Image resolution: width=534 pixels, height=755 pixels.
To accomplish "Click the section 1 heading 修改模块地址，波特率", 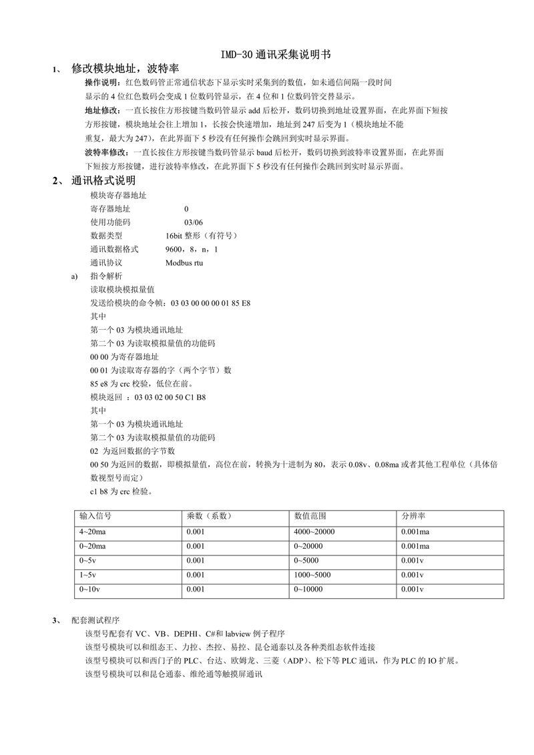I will pyautogui.click(x=125, y=69).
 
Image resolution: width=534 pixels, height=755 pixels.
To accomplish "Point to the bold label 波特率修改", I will pyautogui.click(x=105, y=153).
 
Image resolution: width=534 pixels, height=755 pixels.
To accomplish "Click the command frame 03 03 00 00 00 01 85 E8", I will pyautogui.click(x=211, y=302).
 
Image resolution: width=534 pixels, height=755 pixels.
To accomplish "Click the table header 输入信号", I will pyautogui.click(x=95, y=517).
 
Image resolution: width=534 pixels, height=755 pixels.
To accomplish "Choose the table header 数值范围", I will pyautogui.click(x=310, y=517).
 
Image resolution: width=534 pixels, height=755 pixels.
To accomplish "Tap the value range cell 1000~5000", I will pyautogui.click(x=312, y=575).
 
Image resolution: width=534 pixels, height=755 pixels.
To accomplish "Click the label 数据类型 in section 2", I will pyautogui.click(x=106, y=235).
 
